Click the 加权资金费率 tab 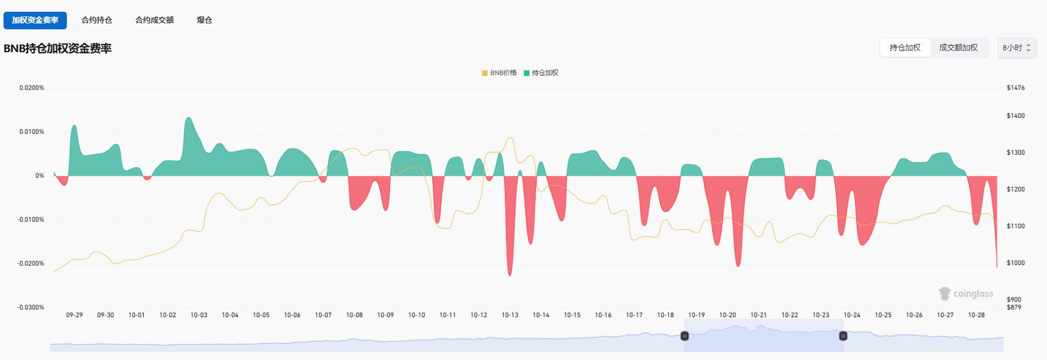[x=35, y=20]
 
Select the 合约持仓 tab [x=97, y=20]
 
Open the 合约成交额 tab [x=154, y=20]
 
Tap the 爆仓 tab [x=204, y=20]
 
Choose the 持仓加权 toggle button [x=905, y=47]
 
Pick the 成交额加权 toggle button [x=958, y=47]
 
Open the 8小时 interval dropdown [x=1016, y=47]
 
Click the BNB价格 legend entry [x=499, y=73]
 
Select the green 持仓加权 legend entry [x=541, y=73]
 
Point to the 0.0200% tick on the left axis [x=32, y=88]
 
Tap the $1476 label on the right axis [x=1015, y=88]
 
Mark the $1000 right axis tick [x=1015, y=263]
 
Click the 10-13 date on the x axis [x=510, y=315]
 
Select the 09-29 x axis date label [x=74, y=315]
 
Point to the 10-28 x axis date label [x=976, y=315]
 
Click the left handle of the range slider [x=685, y=336]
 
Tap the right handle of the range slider [x=843, y=336]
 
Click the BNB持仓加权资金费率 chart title [x=57, y=49]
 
